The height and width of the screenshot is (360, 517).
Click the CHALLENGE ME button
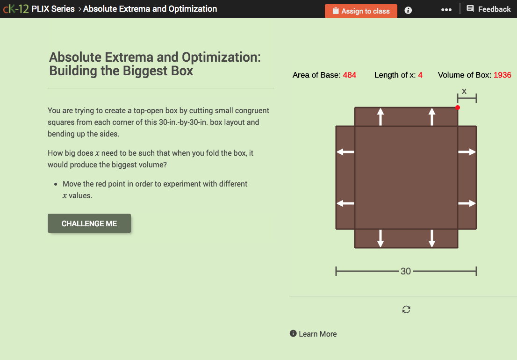point(89,223)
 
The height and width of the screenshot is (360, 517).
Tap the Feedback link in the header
point(488,9)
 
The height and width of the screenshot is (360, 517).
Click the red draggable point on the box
point(458,108)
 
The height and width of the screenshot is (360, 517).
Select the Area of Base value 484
point(349,75)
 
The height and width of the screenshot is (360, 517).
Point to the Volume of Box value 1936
point(502,75)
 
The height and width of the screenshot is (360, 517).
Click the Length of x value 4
point(420,75)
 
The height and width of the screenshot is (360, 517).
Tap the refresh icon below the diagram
point(406,310)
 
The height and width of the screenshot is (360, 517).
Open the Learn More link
point(317,334)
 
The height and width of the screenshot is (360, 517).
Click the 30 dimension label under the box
point(406,271)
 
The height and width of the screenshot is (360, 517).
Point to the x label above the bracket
point(464,91)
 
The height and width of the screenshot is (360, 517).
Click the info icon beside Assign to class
point(408,10)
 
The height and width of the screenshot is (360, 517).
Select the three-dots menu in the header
point(446,9)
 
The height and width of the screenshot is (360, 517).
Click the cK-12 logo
point(15,9)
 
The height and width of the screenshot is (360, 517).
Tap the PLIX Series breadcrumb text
point(53,9)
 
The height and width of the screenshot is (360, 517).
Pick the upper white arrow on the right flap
point(467,152)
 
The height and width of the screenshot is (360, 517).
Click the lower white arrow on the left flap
point(345,203)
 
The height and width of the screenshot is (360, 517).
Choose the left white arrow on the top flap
point(381,116)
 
